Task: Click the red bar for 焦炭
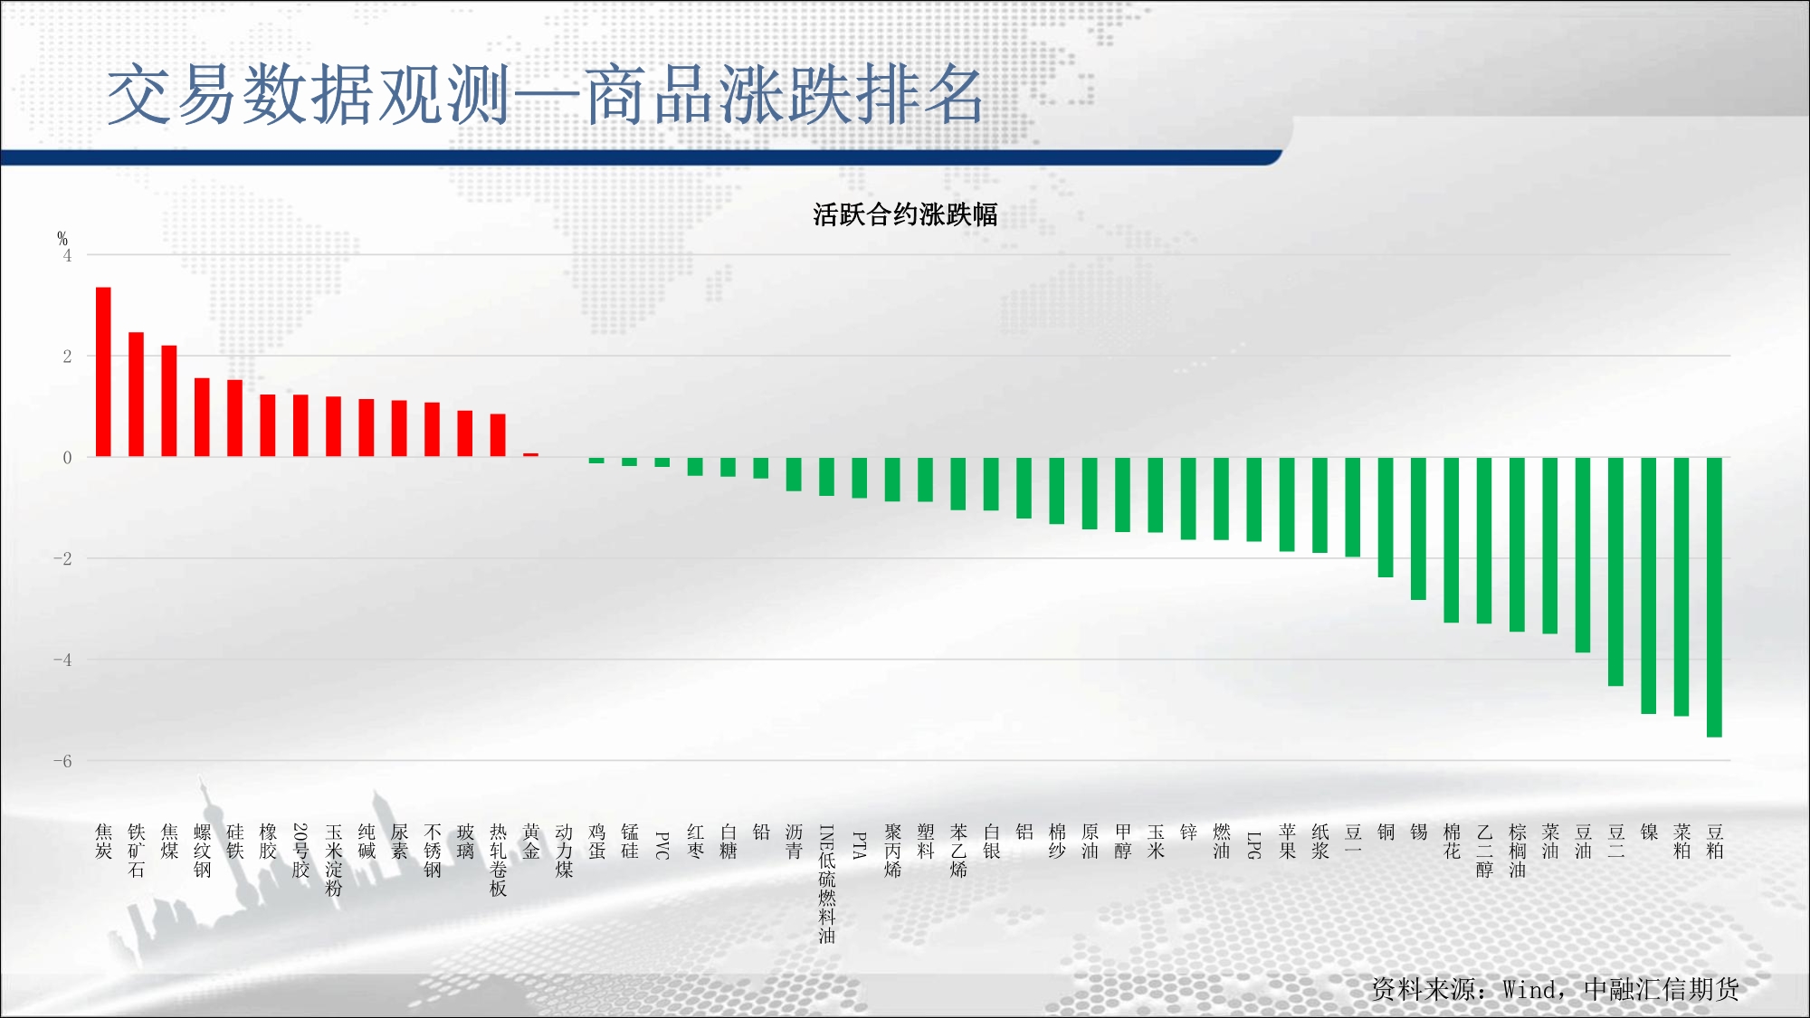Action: (103, 372)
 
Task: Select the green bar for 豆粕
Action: (1714, 597)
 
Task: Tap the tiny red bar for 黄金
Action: (530, 455)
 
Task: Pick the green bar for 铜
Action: (1386, 517)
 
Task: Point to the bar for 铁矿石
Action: (136, 395)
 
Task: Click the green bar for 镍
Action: (1649, 585)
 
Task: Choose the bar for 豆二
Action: (1615, 572)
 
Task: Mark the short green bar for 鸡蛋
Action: (596, 461)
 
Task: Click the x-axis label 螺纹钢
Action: (202, 851)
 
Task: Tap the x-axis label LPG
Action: (1254, 845)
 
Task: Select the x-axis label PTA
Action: (860, 845)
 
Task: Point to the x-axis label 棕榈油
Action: (1518, 851)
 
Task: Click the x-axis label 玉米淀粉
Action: (334, 860)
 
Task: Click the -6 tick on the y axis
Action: (62, 761)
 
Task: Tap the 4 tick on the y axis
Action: (67, 255)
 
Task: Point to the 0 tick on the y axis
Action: (67, 458)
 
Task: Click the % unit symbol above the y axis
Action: (62, 238)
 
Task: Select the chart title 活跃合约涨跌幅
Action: (905, 214)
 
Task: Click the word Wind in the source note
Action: (1530, 989)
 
